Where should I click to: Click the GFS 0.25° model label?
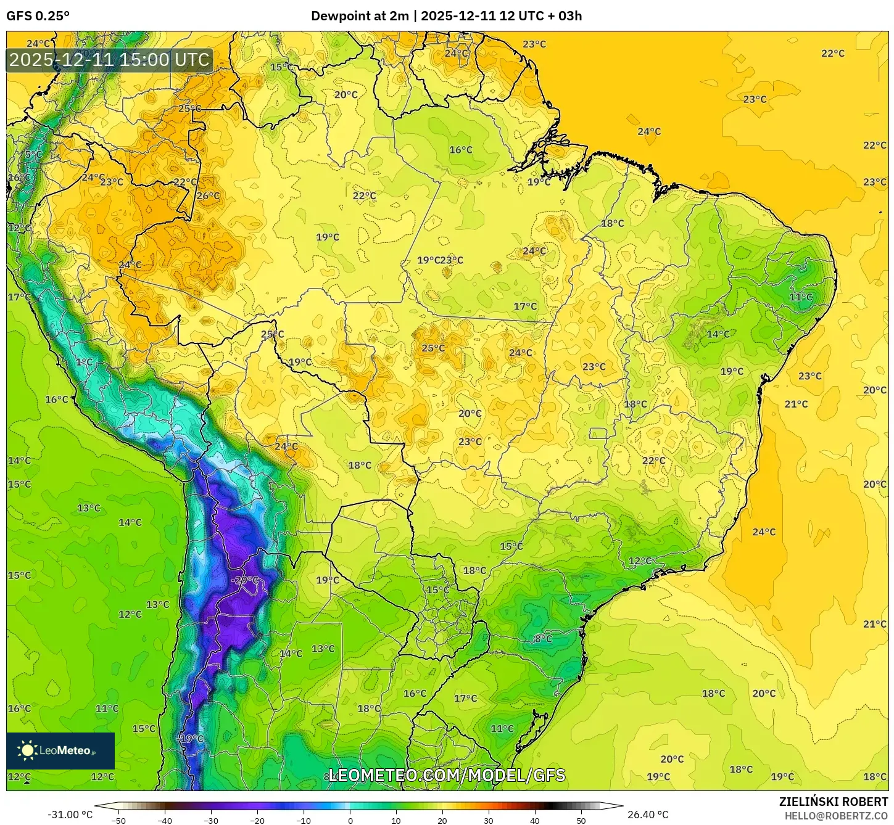(x=38, y=16)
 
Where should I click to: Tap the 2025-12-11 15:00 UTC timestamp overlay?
(x=109, y=60)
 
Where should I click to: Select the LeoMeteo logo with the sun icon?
(x=60, y=750)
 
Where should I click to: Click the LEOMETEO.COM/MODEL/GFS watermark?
(x=447, y=775)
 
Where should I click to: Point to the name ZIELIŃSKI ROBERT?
(x=833, y=802)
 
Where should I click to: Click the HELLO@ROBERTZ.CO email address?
(x=836, y=815)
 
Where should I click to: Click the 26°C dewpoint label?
(x=208, y=196)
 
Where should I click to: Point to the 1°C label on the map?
(x=85, y=362)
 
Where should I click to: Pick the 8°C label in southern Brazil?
(x=543, y=639)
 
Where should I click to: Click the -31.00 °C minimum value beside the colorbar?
(x=70, y=815)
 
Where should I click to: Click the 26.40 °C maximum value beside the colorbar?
(x=648, y=815)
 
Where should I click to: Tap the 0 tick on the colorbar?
(x=350, y=821)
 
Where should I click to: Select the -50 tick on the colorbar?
(x=118, y=821)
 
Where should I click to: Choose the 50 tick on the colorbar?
(x=581, y=821)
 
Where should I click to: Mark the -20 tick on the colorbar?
(x=257, y=821)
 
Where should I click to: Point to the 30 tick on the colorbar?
(x=489, y=821)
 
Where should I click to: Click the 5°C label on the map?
(x=33, y=154)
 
